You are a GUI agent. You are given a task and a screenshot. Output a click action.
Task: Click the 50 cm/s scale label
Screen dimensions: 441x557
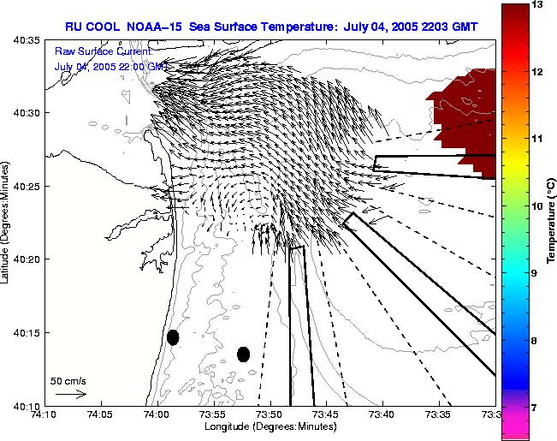(68, 380)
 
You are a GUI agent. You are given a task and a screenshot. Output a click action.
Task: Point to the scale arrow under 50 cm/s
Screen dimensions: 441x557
(70, 394)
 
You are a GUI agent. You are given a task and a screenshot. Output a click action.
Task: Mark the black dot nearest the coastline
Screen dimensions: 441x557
(173, 337)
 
